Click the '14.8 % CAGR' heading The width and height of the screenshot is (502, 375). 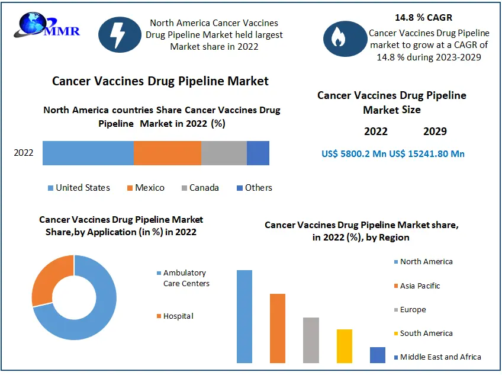[423, 17]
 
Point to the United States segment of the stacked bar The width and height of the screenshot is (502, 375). [88, 153]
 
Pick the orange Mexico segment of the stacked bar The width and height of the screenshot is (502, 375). [168, 153]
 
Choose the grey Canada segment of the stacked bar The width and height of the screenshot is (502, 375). [224, 153]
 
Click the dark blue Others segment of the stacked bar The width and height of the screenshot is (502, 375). [258, 153]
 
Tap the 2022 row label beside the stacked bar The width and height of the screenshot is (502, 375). [24, 153]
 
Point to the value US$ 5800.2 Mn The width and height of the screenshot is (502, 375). [354, 153]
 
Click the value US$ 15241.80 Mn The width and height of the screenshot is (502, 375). [427, 153]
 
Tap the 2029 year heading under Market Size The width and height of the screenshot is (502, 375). [435, 132]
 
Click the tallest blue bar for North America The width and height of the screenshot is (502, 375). [244, 316]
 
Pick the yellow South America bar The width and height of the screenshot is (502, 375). [345, 346]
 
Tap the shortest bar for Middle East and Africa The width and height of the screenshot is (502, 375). [378, 355]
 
